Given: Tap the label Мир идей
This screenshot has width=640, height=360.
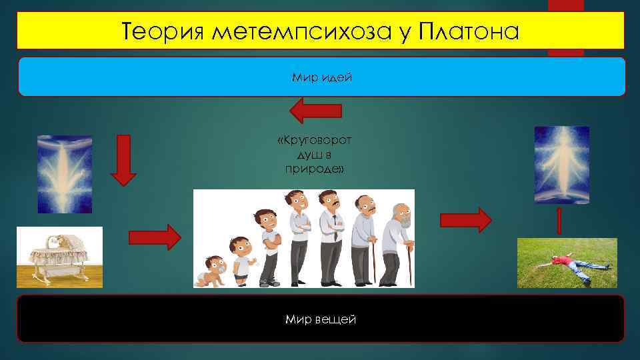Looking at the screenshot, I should (x=321, y=78).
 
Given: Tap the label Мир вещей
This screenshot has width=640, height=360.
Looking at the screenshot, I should (x=321, y=320).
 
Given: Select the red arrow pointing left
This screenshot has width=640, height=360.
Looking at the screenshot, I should (x=317, y=110).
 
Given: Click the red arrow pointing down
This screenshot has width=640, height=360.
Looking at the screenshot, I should (x=123, y=159).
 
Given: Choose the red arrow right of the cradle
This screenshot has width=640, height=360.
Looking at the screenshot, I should (x=154, y=237).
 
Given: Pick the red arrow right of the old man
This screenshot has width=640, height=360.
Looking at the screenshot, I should (x=465, y=219).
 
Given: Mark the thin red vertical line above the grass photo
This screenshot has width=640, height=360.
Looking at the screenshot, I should (x=559, y=221).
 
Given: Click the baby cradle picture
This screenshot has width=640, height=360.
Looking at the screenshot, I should (x=59, y=257).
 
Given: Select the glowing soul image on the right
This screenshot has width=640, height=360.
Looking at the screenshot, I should (x=562, y=165).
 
